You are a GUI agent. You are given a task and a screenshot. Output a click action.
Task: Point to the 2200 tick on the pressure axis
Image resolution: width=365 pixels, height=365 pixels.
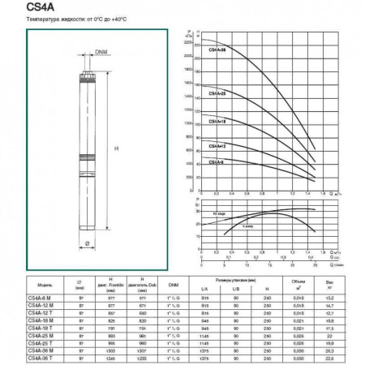[188, 42]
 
